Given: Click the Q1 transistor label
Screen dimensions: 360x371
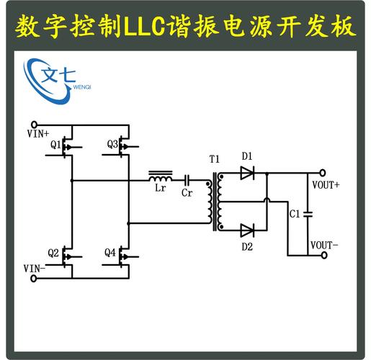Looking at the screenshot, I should pos(55,145).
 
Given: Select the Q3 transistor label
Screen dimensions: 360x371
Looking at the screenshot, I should pos(112,144).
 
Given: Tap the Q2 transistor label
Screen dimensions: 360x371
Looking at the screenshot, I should pos(53,253).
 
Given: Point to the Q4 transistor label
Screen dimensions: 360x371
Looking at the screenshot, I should pos(109,253).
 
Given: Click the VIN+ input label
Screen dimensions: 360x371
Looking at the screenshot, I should pos(38,133).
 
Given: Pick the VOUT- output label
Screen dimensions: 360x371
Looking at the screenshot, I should pos(324,245).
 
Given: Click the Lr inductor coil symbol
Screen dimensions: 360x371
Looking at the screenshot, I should pos(160,175).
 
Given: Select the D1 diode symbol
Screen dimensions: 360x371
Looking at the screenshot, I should pos(246,173).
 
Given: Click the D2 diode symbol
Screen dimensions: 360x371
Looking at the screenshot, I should pos(246,230).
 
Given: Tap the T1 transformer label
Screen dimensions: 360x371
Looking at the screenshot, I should pos(214,158).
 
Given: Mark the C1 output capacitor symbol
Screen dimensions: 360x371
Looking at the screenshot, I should pos(308,213).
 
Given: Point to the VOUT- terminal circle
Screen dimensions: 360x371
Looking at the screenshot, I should pos(323,255).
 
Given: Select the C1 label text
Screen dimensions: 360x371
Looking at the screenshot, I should pos(294,214).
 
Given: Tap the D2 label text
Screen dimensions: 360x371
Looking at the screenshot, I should pos(247,246).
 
